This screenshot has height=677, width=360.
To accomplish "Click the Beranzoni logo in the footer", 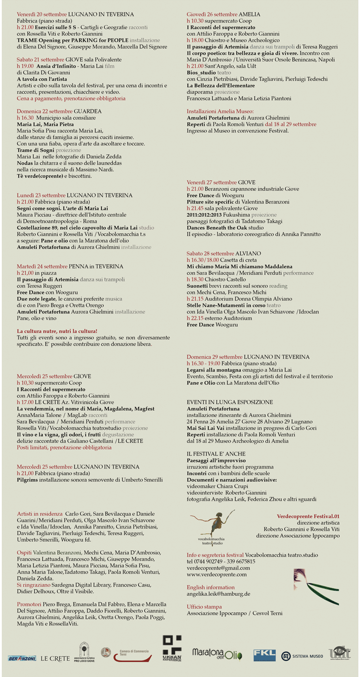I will (22, 658).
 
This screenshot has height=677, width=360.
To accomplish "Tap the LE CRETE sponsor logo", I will (55, 658).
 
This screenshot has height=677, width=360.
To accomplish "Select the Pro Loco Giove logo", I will (84, 652).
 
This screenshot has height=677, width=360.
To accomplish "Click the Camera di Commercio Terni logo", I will (127, 655).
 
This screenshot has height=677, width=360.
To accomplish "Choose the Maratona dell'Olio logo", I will (217, 654).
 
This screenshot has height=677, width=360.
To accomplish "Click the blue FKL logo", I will (264, 655).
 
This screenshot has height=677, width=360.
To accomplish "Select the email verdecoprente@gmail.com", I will (218, 568).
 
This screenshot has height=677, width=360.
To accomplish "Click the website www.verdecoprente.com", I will (217, 574).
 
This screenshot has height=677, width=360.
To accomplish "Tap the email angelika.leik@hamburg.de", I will (218, 594).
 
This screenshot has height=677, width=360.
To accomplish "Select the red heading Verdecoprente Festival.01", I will (308, 516).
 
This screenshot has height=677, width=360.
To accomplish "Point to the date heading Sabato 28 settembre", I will (210, 253).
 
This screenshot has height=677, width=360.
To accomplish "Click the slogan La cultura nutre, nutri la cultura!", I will (57, 331).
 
